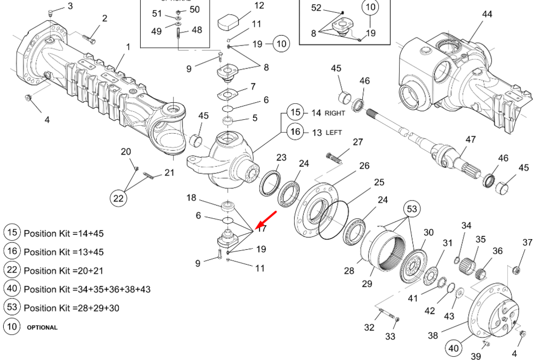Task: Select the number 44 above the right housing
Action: [x=487, y=14]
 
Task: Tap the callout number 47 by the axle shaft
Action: [x=470, y=139]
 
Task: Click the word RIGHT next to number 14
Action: [x=335, y=113]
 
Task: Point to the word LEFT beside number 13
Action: [x=334, y=132]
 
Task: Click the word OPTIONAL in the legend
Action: [x=42, y=327]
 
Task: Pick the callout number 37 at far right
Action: [x=527, y=243]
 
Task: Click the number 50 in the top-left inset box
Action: [x=194, y=9]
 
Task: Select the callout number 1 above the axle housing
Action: [x=128, y=47]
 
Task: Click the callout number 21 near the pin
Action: [x=169, y=172]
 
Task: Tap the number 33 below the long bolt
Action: [x=390, y=336]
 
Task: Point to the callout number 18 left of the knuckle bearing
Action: [x=192, y=198]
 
